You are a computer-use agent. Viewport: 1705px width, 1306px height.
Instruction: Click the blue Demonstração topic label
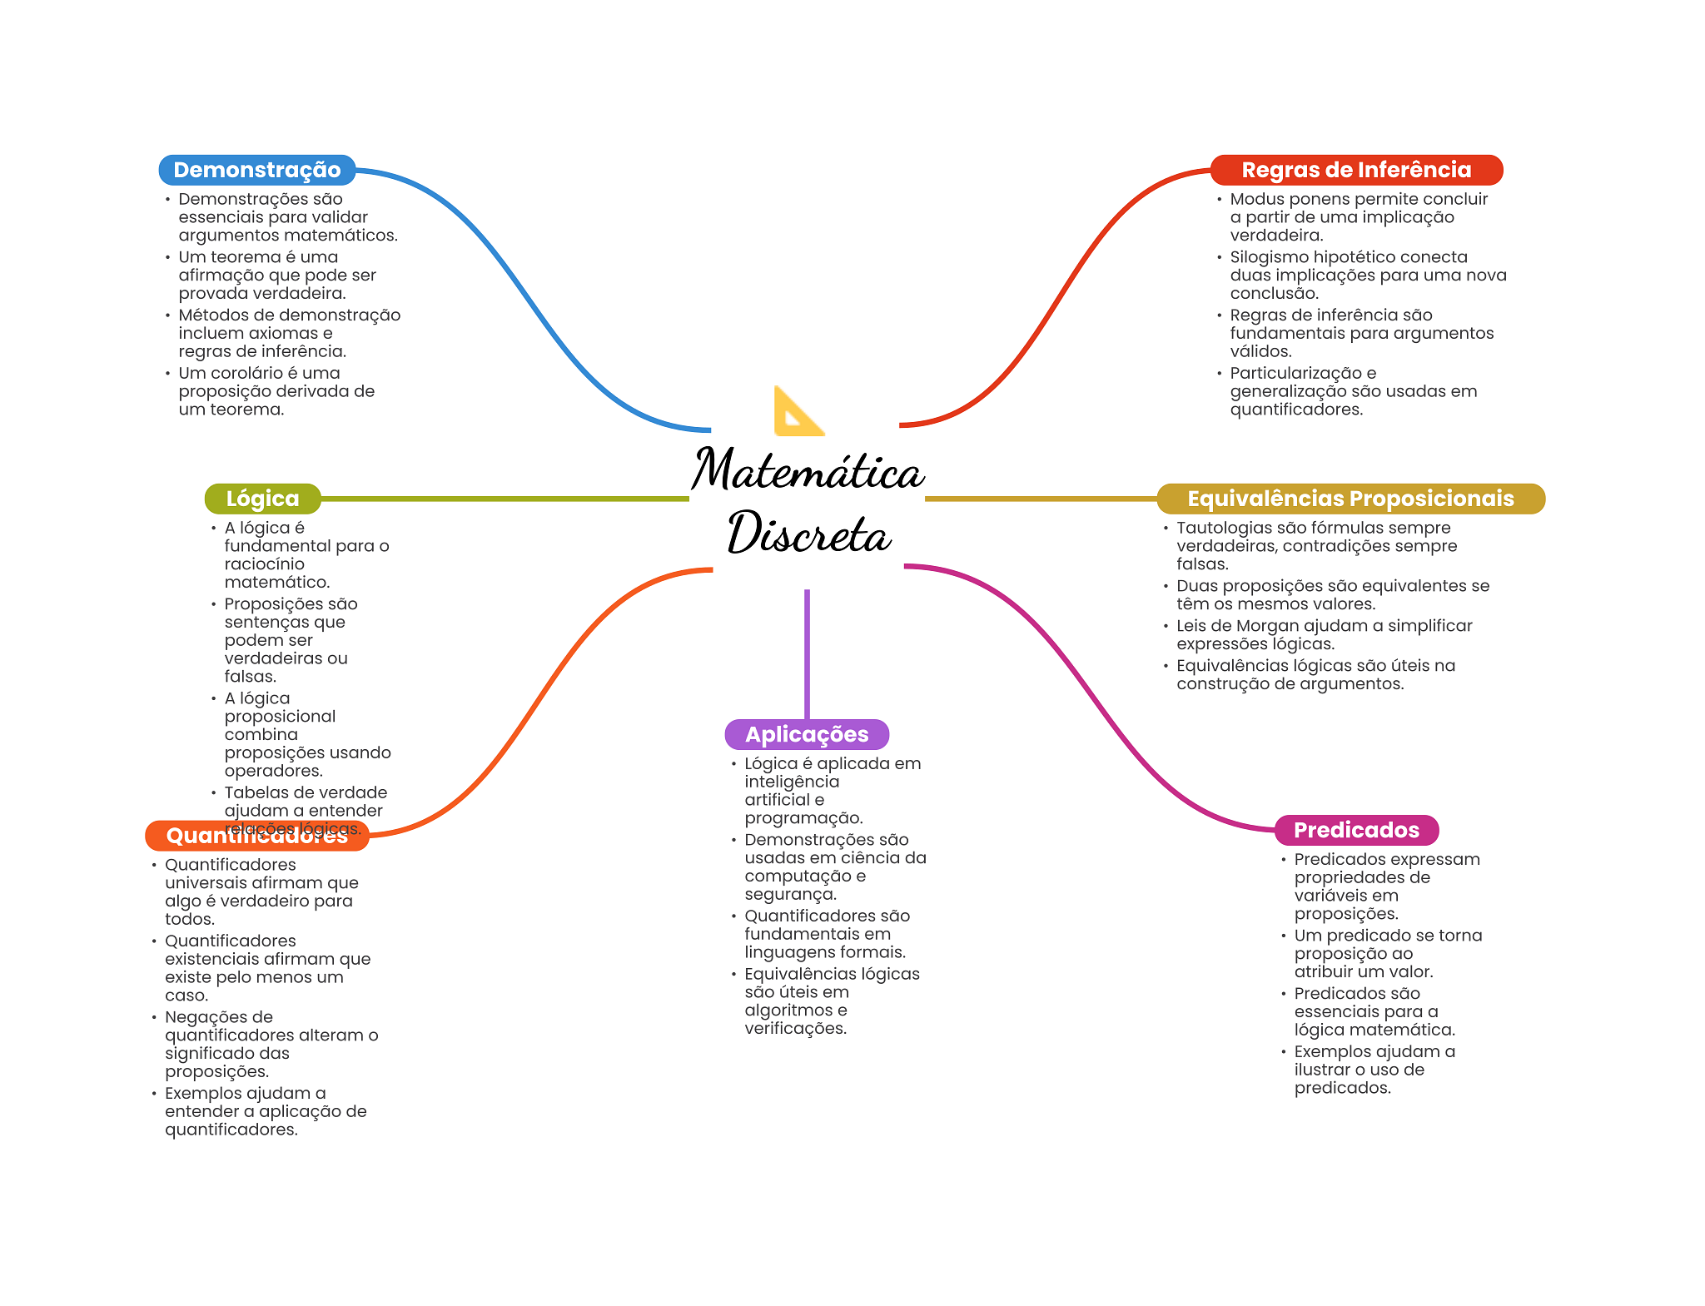256,170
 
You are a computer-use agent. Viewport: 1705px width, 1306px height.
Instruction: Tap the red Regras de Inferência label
1355,170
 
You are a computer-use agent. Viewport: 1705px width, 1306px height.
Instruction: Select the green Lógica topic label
262,499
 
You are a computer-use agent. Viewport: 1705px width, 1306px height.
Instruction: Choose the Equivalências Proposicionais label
1350,499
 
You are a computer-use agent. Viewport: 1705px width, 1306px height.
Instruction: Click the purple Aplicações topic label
806,734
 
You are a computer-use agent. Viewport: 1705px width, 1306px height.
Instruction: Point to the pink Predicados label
1355,830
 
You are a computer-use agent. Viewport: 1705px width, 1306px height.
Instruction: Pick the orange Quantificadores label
256,837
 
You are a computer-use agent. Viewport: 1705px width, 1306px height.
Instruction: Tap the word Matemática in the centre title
807,470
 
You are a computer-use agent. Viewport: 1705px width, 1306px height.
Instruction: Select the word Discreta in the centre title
808,534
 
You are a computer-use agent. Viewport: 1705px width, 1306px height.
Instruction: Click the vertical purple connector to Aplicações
807,653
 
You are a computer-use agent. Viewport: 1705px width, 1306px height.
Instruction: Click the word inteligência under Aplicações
792,782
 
